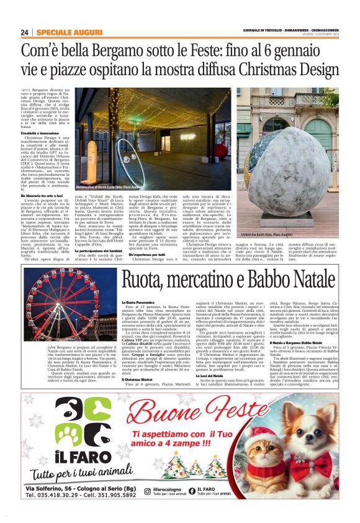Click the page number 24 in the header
(25, 32)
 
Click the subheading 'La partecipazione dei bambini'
(102, 233)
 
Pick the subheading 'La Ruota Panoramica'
(137, 302)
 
